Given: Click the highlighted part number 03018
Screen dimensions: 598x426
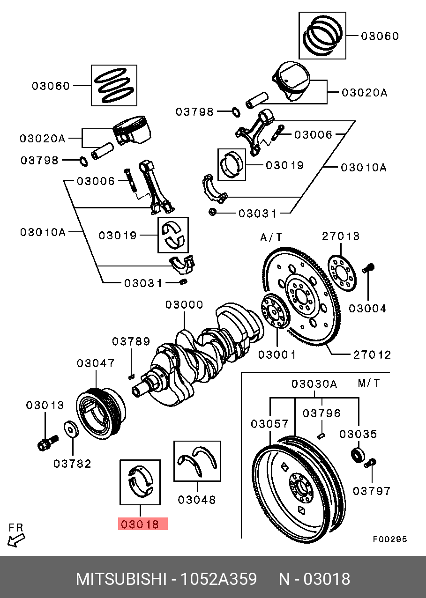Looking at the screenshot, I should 142,524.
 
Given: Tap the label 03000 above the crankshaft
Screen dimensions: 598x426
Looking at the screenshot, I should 184,305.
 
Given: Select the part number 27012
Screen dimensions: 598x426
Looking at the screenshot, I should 372,354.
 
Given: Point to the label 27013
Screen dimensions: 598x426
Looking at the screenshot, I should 341,236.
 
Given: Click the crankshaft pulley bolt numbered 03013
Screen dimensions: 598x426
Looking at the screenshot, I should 46,442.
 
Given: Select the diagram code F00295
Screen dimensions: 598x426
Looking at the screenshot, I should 390,539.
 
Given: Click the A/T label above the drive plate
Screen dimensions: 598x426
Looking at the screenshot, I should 271,237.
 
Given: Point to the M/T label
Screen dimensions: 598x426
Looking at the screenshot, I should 369,384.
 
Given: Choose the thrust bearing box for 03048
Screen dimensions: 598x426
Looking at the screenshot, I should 197,461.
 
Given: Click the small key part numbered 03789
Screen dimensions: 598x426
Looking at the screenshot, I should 132,375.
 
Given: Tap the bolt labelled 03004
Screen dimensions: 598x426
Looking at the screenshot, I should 368,268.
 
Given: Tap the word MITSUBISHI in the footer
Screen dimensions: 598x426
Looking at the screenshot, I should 121,579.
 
